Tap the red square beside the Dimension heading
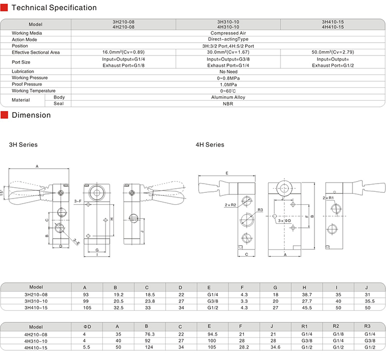pyautogui.click(x=5, y=115)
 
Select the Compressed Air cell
pyautogui.click(x=228, y=33)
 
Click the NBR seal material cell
pyautogui.click(x=228, y=103)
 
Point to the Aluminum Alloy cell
pyautogui.click(x=228, y=97)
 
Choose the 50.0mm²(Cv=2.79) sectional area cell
pyautogui.click(x=333, y=52)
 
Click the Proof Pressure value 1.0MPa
pyautogui.click(x=228, y=84)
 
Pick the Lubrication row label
pyautogui.click(x=23, y=71)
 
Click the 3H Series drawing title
pyautogui.click(x=24, y=145)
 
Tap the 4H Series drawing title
pyautogui.click(x=210, y=145)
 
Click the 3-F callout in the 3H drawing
pyautogui.click(x=78, y=201)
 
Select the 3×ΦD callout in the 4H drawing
pyautogui.click(x=285, y=220)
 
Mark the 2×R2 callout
pyautogui.click(x=231, y=205)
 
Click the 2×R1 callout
pyautogui.click(x=328, y=197)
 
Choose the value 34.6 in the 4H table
pyautogui.click(x=276, y=347)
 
